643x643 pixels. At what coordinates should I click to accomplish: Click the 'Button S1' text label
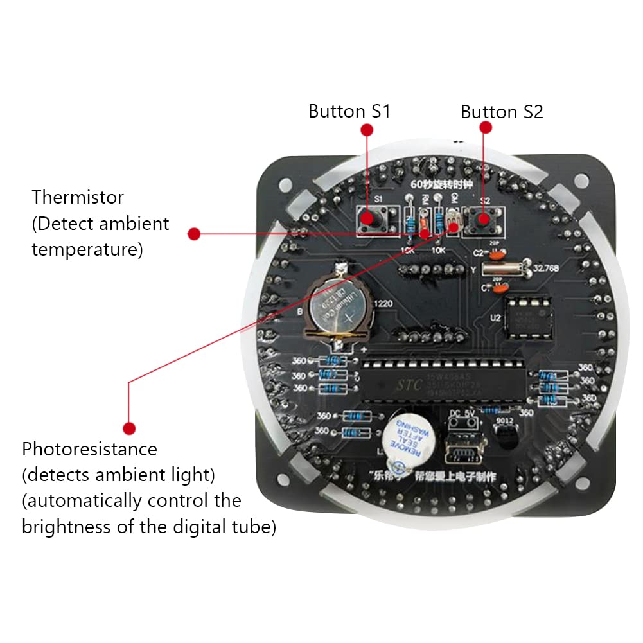(x=349, y=111)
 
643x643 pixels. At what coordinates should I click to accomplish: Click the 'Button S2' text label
(x=502, y=112)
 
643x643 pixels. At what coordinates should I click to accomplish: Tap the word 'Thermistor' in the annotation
(x=78, y=197)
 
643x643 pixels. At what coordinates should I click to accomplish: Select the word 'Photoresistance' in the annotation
(x=89, y=448)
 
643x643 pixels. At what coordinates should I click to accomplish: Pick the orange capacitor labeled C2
(x=500, y=252)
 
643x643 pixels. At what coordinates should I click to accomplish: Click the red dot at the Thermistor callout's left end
(x=195, y=234)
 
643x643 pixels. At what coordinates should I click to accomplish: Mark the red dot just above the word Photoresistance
(x=129, y=428)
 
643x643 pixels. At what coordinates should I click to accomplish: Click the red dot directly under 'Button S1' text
(x=367, y=130)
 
